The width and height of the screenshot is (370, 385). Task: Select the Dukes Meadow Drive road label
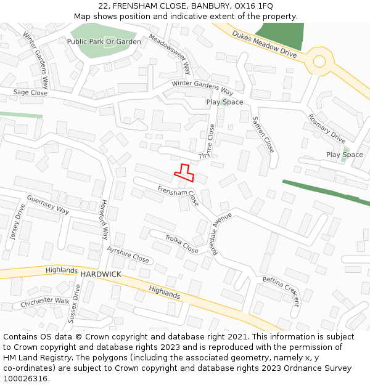pos(265,45)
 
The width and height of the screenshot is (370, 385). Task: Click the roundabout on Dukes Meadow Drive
pos(319,61)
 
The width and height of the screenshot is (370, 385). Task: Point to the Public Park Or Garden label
pos(104,41)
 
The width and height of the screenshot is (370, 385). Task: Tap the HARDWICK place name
pos(101,273)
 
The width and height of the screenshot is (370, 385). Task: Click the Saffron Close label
pos(263,134)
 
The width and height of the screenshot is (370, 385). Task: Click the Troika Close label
pos(181,244)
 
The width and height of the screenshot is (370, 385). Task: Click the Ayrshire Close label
pos(128,254)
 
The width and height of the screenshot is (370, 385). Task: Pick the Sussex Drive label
pos(75,304)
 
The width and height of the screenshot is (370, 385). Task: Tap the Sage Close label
pos(30,92)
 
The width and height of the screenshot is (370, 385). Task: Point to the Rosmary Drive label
pos(327,128)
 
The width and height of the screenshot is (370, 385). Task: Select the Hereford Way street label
pos(104,219)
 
